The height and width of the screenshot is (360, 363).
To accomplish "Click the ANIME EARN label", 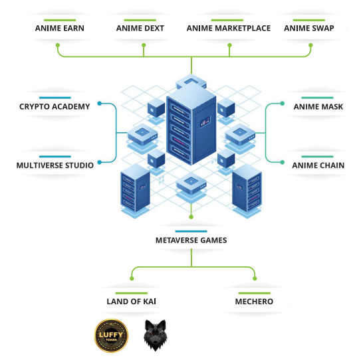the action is [x=59, y=28].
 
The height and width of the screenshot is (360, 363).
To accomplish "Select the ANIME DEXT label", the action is [x=140, y=28].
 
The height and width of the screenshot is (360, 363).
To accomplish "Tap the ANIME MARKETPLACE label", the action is [x=229, y=28].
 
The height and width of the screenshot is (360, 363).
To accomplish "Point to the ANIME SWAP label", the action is [x=309, y=28].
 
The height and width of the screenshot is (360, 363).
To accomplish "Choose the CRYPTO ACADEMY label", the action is [x=55, y=106].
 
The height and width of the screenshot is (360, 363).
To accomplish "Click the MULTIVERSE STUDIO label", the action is [x=55, y=165].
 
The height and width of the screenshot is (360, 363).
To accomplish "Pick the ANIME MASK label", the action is [x=318, y=106].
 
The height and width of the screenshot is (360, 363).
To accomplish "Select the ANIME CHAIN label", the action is [x=318, y=165].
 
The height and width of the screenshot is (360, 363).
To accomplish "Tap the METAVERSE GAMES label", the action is [x=191, y=240].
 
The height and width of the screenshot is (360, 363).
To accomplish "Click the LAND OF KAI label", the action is [x=131, y=302].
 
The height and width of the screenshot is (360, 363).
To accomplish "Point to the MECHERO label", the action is [x=254, y=302].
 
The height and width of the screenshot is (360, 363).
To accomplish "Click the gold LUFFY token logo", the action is [x=111, y=335].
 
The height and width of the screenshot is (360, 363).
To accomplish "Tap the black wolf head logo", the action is [x=155, y=335].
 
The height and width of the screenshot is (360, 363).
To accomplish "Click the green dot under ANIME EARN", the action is [x=58, y=45].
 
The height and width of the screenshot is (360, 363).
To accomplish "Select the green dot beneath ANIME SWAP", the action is [x=310, y=45].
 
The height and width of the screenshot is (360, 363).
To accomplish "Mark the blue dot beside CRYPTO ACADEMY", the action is [x=100, y=104].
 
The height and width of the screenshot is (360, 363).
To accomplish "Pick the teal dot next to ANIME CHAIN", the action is [x=282, y=162].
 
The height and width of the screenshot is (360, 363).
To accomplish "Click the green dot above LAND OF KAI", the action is [x=132, y=278].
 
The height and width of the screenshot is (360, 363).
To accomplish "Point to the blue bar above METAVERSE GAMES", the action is [x=191, y=231].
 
